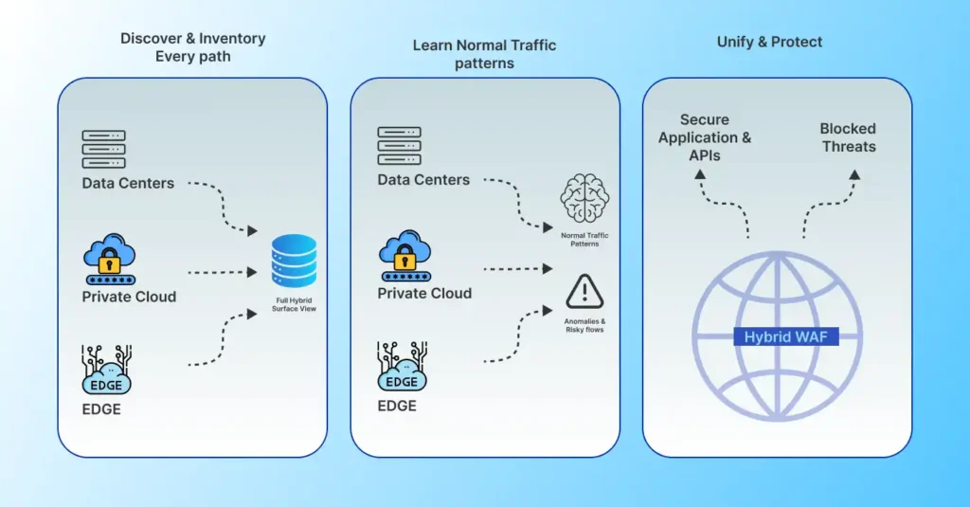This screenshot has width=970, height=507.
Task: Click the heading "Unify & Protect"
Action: click(769, 42)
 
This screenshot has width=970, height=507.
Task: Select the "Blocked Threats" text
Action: click(848, 137)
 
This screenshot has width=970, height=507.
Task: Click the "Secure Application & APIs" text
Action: click(705, 137)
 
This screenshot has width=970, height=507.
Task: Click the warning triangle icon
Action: click(584, 291)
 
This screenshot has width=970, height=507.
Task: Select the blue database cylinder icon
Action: click(294, 261)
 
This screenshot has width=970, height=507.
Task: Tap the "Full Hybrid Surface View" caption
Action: click(295, 305)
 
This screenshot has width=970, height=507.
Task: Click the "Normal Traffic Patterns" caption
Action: click(584, 239)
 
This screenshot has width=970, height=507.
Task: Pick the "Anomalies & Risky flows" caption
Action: click(584, 325)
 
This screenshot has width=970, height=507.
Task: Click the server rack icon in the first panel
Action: click(103, 149)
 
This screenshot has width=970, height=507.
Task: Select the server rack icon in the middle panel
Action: click(399, 146)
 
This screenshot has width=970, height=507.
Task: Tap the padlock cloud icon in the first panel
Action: click(110, 261)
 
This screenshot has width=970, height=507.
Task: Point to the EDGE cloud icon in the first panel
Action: click(106, 371)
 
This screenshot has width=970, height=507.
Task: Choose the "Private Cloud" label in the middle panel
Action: click(424, 293)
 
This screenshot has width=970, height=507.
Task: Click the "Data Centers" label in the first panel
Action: click(128, 183)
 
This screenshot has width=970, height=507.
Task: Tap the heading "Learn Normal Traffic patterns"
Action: click(484, 54)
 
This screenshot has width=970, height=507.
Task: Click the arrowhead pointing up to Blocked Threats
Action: click(854, 175)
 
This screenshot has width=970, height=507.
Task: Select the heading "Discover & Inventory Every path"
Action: click(192, 47)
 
